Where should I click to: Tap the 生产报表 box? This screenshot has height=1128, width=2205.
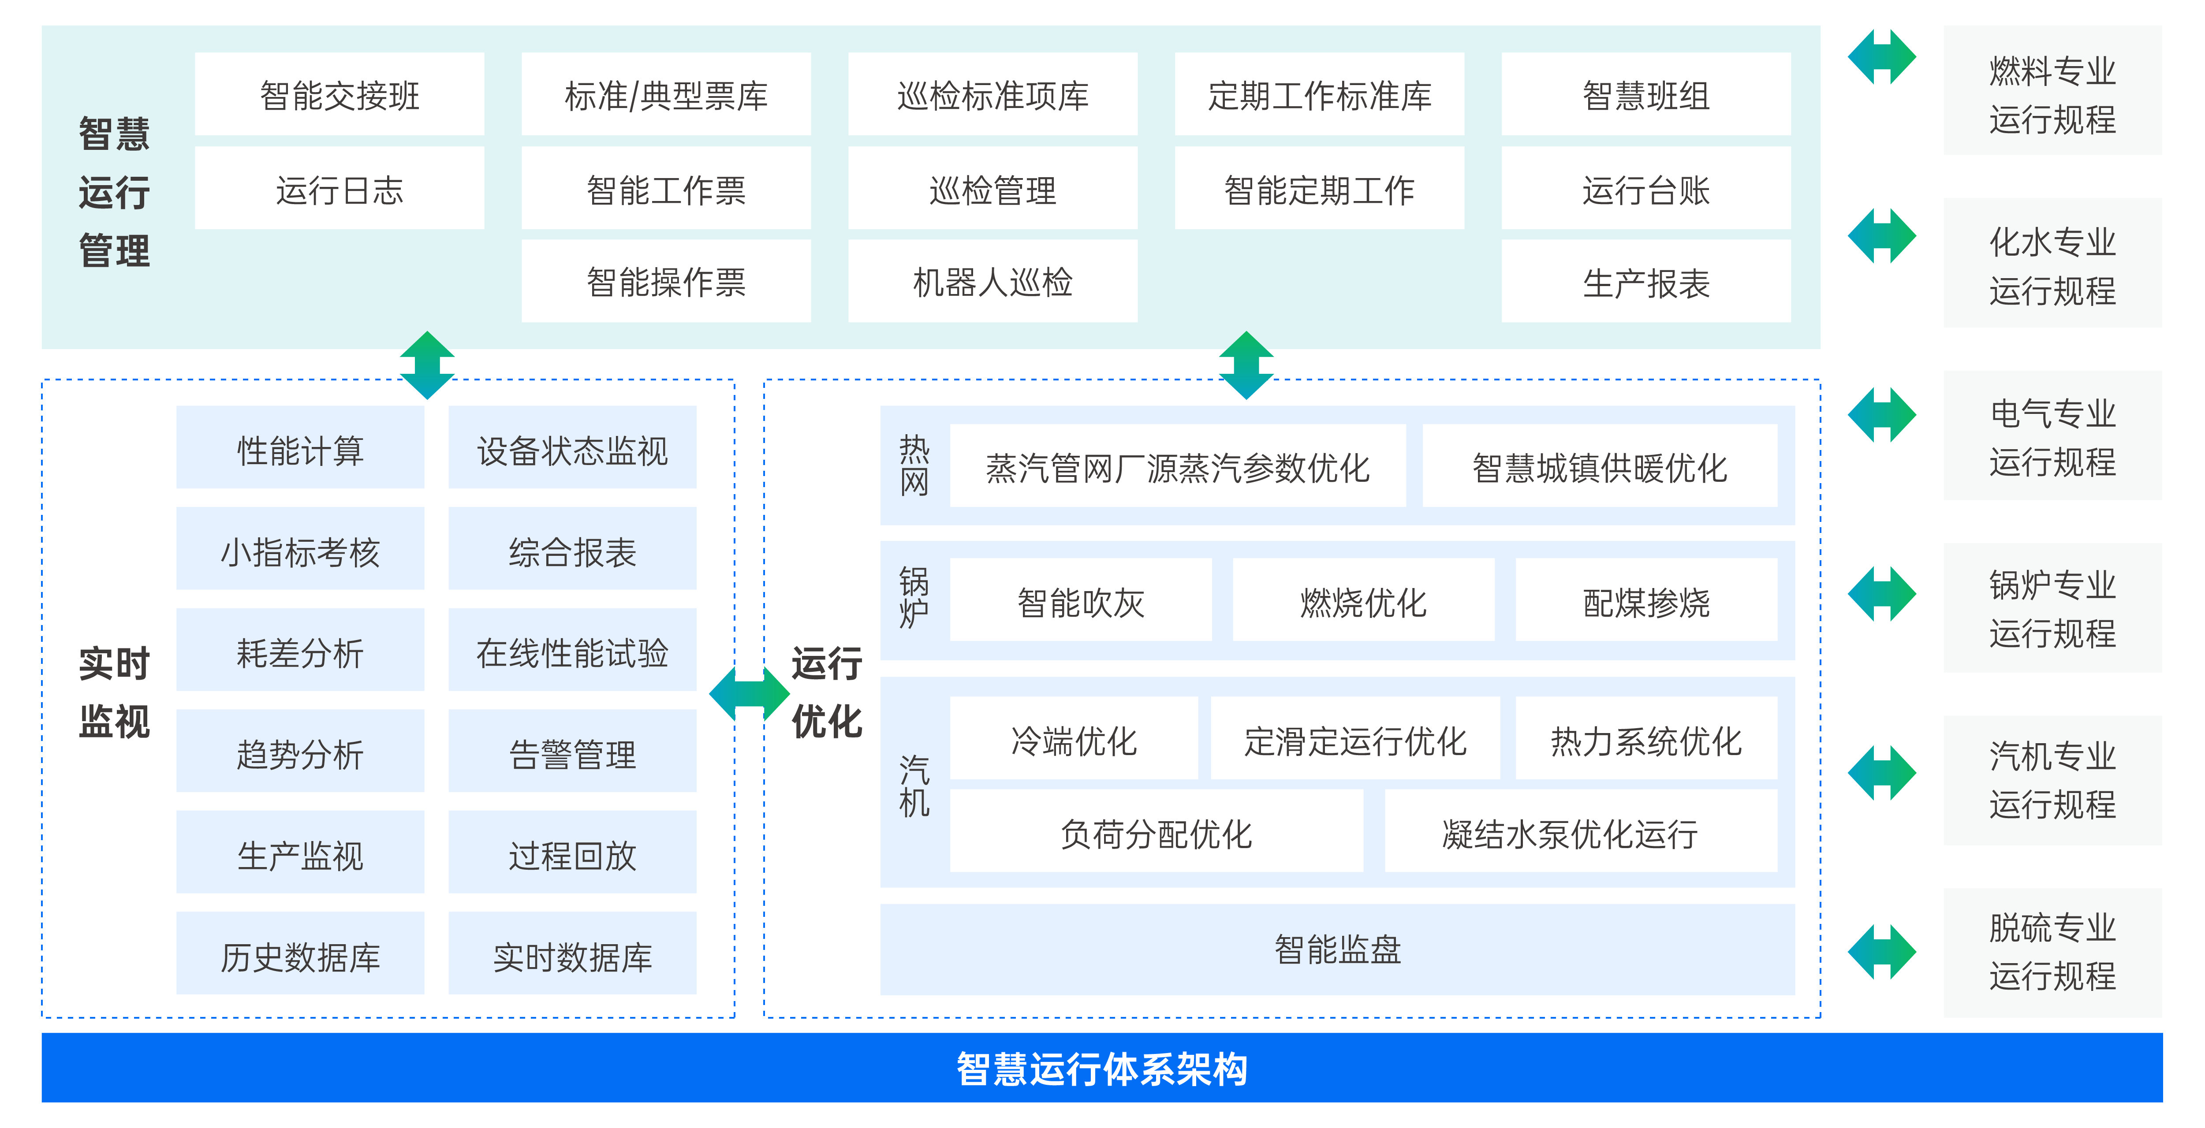pos(1645,282)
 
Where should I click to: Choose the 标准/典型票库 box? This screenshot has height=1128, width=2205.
pos(666,95)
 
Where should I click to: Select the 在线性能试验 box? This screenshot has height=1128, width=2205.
pos(572,651)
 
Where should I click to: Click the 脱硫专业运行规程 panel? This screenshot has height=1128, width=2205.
pos(2052,952)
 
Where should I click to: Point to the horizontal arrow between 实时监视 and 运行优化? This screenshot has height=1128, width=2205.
pos(749,693)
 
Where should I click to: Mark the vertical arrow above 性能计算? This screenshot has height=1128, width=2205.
pos(427,365)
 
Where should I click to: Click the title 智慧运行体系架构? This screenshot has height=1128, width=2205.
pos(1102,1068)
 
